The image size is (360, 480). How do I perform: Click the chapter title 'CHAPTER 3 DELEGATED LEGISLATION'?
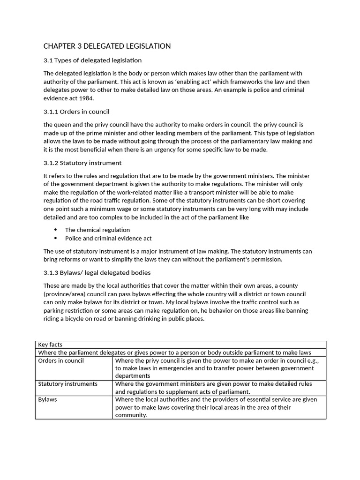click(107, 46)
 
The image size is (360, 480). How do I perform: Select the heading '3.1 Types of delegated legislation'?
click(92, 60)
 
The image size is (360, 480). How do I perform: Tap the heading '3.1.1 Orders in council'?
click(76, 112)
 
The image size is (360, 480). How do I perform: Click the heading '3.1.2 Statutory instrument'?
click(82, 163)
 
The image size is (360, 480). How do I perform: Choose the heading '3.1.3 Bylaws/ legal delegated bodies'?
click(97, 273)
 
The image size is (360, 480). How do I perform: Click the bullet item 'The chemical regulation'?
click(97, 230)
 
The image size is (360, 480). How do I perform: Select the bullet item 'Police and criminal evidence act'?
click(108, 239)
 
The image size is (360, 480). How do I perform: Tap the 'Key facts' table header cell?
click(50, 345)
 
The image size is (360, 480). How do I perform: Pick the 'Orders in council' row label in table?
click(61, 361)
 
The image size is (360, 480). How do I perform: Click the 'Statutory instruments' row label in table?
click(68, 384)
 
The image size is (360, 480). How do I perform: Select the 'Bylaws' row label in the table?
click(48, 400)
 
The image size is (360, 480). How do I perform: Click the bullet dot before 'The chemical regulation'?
click(56, 230)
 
